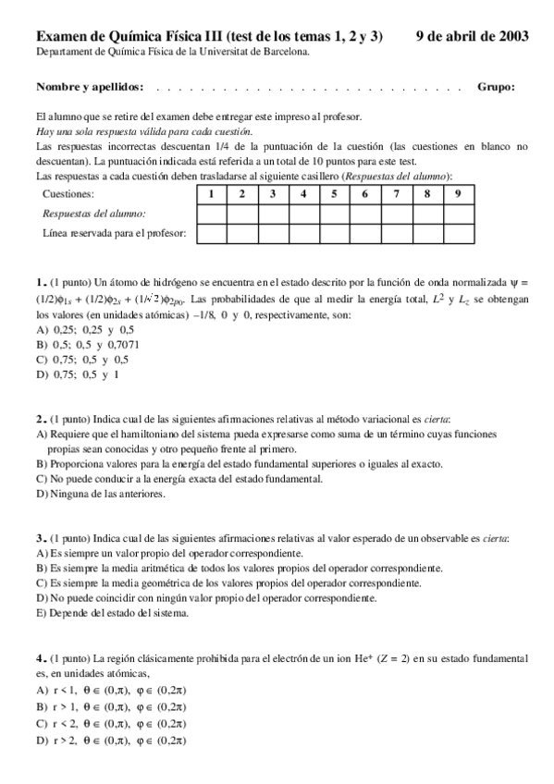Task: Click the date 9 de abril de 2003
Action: (x=473, y=36)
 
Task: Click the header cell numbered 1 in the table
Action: (x=213, y=194)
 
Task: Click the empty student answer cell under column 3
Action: (x=273, y=214)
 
